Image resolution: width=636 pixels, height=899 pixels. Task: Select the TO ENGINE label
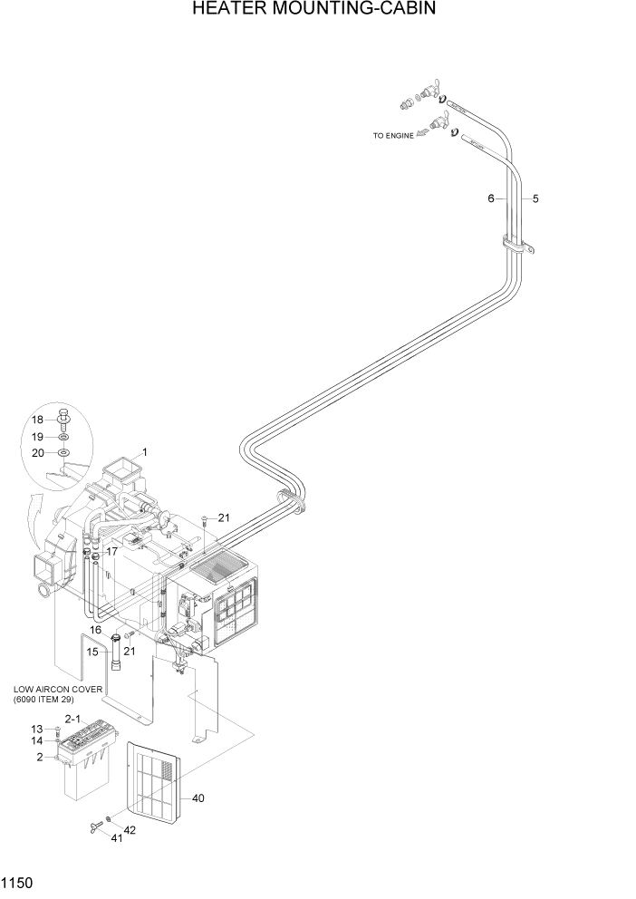[x=392, y=136]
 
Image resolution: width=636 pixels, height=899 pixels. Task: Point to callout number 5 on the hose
[x=535, y=198]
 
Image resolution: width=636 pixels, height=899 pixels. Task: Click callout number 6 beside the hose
[x=491, y=198]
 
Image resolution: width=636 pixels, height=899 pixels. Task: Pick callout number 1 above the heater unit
[x=144, y=451]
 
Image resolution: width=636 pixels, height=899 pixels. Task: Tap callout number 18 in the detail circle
[x=37, y=420]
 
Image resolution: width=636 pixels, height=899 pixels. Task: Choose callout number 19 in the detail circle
[x=37, y=436]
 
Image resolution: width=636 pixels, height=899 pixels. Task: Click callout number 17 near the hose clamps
[x=112, y=551]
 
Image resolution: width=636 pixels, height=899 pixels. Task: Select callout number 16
[x=94, y=629]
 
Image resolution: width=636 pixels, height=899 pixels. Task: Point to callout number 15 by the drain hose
[x=92, y=651]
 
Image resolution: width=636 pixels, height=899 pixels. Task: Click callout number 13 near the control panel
[x=37, y=729]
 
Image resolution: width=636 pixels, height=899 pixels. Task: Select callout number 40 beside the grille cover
[x=198, y=798]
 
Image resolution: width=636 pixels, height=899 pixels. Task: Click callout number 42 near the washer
[x=130, y=830]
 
